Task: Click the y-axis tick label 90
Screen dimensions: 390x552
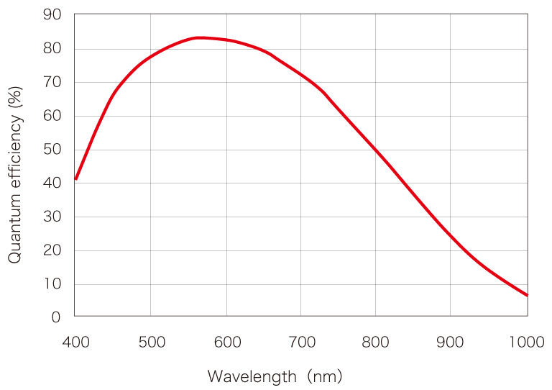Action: (x=52, y=15)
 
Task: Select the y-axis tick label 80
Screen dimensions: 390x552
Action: (x=52, y=49)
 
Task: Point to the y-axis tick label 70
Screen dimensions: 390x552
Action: (x=52, y=83)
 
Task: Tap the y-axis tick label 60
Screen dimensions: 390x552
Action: (x=52, y=116)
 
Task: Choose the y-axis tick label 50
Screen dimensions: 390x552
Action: (x=52, y=150)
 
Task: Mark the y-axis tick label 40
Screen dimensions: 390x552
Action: (x=52, y=183)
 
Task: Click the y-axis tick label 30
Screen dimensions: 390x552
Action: (x=52, y=217)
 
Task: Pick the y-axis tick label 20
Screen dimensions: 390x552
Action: (x=52, y=250)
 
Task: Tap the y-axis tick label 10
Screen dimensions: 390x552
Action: (x=52, y=284)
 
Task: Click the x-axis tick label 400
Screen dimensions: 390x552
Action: (x=75, y=342)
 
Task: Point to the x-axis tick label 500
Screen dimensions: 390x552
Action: (x=151, y=342)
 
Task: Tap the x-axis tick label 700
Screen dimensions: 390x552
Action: (x=301, y=342)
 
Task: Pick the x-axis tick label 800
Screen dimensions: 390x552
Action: (x=376, y=342)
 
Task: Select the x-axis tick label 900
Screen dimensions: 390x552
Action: (x=451, y=342)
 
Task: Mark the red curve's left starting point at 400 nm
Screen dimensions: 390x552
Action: (x=75, y=178)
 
